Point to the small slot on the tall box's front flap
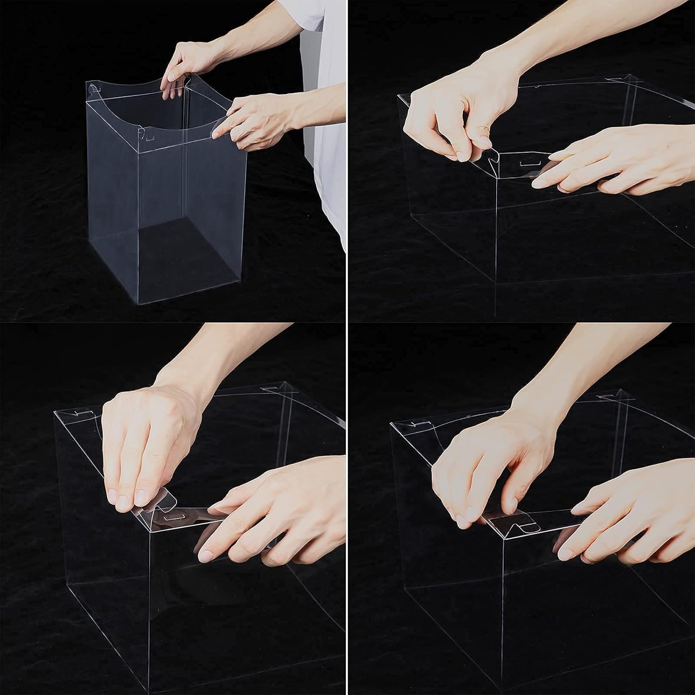coord(149,138)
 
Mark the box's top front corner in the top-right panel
coord(497,178)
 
